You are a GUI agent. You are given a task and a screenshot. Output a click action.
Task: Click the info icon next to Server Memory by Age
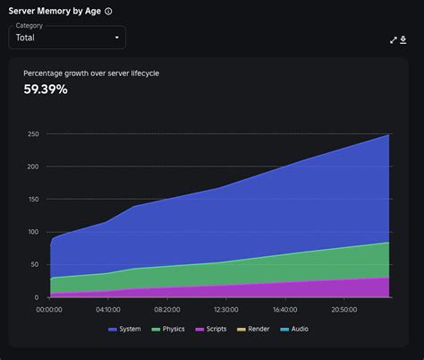pos(108,12)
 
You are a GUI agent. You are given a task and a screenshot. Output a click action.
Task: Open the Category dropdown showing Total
pos(67,38)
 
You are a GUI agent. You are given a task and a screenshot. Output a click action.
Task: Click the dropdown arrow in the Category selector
pos(116,38)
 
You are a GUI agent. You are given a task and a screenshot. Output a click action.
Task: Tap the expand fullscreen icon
pos(394,39)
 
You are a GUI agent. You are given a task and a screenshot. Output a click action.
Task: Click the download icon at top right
pos(403,39)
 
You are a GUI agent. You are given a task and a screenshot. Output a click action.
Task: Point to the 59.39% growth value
pos(46,89)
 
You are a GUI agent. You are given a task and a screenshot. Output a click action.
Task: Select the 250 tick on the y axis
pos(33,134)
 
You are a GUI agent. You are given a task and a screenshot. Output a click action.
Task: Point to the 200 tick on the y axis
pos(33,167)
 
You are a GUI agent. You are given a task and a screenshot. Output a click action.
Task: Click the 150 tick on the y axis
pos(33,200)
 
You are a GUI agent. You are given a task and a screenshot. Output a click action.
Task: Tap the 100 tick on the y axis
pos(33,232)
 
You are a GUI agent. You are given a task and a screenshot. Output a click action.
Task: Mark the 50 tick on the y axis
pos(35,265)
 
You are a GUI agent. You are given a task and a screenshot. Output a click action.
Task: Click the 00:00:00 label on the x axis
pos(49,310)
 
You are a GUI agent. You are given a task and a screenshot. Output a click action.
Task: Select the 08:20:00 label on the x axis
pos(167,310)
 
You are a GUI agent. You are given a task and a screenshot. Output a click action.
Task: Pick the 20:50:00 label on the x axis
pos(343,310)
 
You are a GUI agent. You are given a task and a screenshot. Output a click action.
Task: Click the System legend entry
pos(124,330)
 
